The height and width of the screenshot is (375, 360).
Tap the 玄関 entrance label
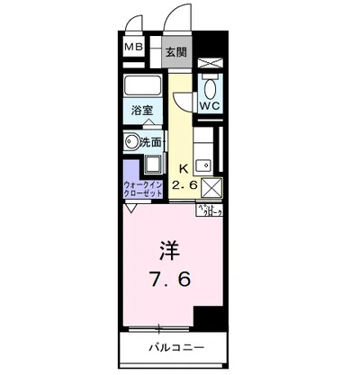(176, 51)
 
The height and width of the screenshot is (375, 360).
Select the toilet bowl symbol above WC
(210, 86)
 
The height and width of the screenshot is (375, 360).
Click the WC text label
(210, 106)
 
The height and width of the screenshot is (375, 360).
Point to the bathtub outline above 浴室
(143, 87)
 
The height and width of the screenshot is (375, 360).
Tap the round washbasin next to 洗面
(132, 141)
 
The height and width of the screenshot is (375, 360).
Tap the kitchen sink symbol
(205, 165)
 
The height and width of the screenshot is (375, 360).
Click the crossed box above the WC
(210, 63)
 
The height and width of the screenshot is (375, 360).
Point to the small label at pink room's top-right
(209, 210)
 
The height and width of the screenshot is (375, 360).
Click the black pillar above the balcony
(210, 318)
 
